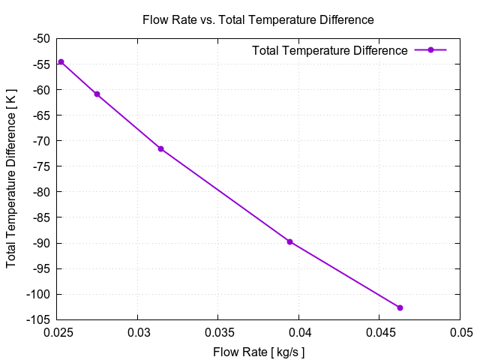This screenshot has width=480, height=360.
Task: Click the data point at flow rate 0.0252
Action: [x=61, y=61]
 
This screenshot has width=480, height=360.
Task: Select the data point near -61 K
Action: [x=97, y=94]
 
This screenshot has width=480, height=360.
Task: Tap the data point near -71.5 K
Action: [x=160, y=148]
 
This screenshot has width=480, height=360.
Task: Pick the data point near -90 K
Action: [x=289, y=241]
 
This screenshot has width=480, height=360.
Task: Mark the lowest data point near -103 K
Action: [x=400, y=307]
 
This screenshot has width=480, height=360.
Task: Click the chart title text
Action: [x=258, y=19]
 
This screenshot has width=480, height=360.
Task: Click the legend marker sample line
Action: [x=430, y=50]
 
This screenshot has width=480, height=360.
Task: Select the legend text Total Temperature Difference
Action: [x=330, y=51]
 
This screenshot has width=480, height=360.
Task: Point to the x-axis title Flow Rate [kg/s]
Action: [x=259, y=351]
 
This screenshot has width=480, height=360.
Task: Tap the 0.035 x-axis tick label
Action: [x=217, y=332]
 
